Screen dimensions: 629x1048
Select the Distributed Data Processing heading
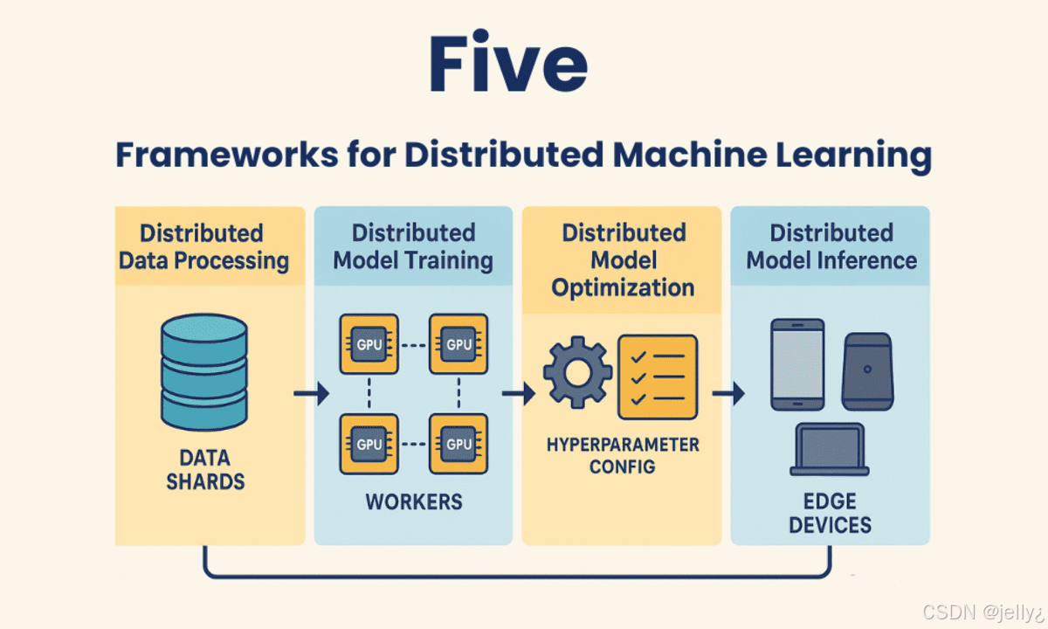click(203, 246)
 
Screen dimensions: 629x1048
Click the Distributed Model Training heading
click(413, 246)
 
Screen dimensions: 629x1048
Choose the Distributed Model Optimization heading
click(623, 259)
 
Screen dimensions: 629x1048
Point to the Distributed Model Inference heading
click(831, 246)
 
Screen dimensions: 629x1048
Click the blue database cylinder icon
click(204, 372)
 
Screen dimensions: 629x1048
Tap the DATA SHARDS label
click(205, 469)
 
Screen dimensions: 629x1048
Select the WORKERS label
click(413, 501)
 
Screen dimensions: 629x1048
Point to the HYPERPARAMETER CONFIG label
click(623, 455)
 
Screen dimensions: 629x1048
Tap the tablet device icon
click(797, 364)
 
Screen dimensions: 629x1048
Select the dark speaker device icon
click(866, 370)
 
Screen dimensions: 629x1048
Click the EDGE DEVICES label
click(830, 514)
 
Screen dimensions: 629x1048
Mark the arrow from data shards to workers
click(311, 395)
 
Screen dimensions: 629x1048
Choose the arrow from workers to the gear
click(519, 395)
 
